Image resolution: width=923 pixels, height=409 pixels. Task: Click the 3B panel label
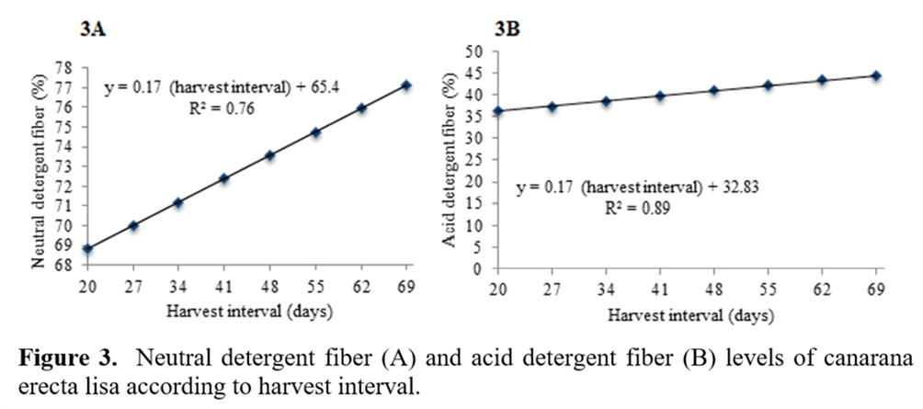pyautogui.click(x=507, y=28)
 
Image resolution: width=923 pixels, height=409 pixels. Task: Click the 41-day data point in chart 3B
pyautogui.click(x=659, y=96)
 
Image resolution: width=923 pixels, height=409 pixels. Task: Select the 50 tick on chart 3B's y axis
pyautogui.click(x=476, y=51)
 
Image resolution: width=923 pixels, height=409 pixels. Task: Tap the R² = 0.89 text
pyautogui.click(x=633, y=208)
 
